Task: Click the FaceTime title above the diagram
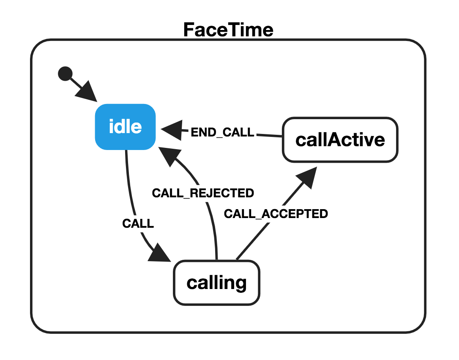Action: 228,30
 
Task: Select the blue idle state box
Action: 125,127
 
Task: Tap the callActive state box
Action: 340,139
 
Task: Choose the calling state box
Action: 217,283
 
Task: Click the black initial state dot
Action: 65,74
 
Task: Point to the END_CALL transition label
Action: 222,132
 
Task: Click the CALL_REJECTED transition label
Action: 203,193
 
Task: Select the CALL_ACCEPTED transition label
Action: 276,214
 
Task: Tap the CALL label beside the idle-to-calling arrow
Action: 138,224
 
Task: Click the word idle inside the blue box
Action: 125,127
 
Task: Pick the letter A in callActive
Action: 335,139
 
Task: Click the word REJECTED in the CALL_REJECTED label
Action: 222,193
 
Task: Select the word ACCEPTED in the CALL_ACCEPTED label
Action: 295,214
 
